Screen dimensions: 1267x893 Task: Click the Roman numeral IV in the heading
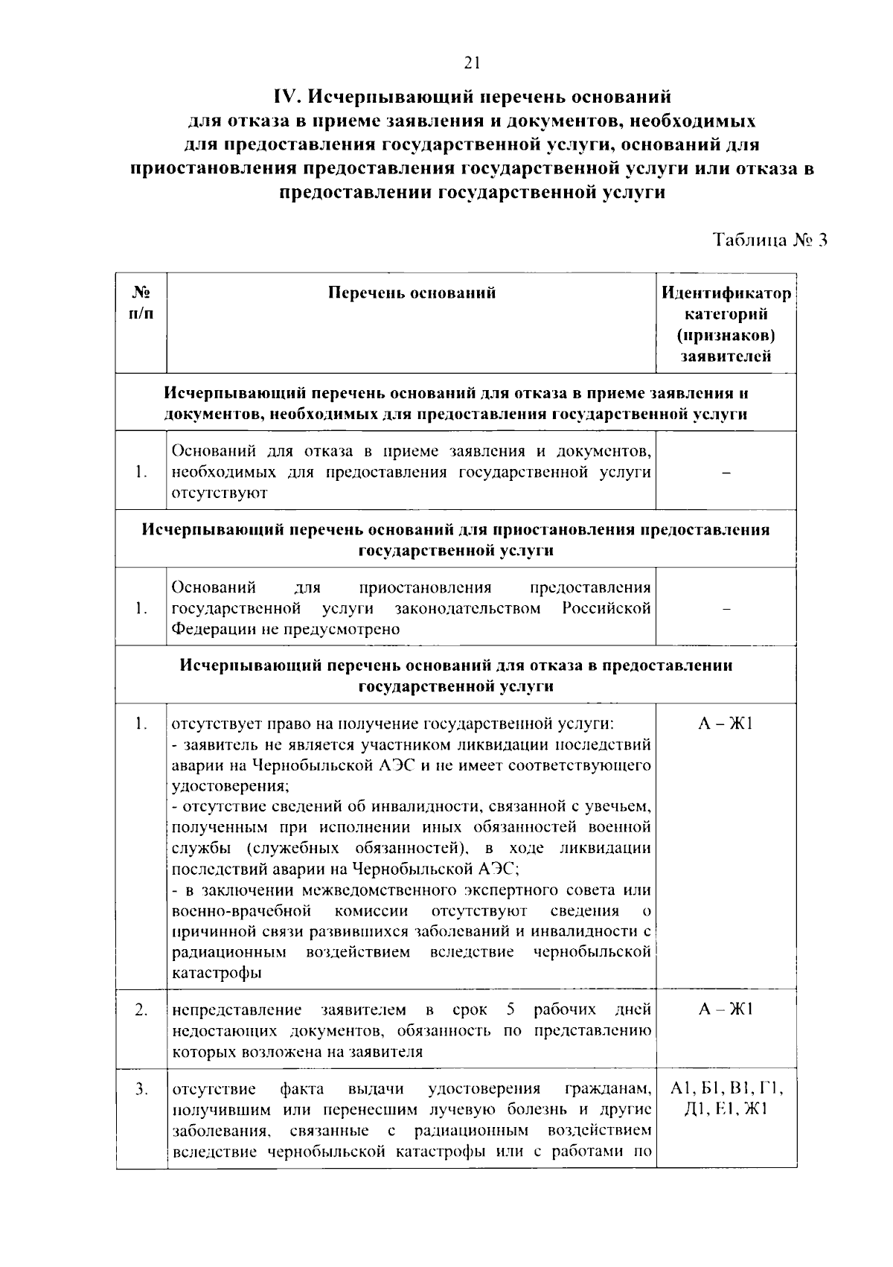(287, 98)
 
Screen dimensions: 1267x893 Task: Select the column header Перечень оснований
(412, 293)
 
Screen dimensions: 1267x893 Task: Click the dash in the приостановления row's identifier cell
(726, 609)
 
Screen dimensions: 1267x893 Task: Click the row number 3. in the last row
(141, 1090)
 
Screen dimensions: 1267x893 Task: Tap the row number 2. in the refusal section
(141, 1010)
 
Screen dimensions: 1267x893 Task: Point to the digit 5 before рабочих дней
(510, 1010)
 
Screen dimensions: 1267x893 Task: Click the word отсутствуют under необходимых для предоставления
(220, 493)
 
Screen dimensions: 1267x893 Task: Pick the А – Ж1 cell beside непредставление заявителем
(726, 1010)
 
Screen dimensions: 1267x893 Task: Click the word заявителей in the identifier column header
(726, 357)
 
